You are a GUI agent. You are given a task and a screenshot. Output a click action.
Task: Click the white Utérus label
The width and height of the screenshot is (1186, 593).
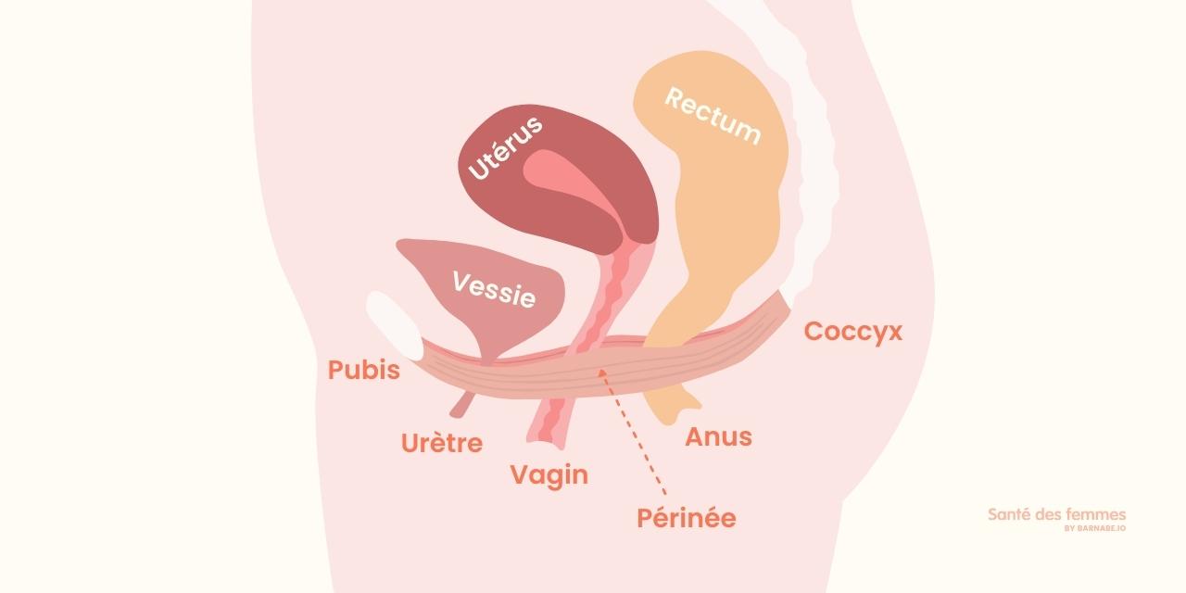tap(506, 147)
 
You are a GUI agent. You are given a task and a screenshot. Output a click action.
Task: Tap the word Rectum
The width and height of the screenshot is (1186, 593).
tap(713, 117)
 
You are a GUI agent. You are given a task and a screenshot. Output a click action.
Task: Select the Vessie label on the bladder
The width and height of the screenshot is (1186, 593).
tap(494, 290)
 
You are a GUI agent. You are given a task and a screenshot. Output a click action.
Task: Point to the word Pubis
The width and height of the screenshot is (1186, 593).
tap(364, 370)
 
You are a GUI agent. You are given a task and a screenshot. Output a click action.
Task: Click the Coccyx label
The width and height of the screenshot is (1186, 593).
tap(853, 332)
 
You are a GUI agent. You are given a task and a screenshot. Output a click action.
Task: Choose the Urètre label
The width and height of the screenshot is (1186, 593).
tap(442, 443)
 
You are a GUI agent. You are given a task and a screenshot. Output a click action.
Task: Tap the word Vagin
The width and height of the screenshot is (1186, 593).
tap(549, 476)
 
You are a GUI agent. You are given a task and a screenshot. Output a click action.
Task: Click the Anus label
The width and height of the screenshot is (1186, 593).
tap(718, 436)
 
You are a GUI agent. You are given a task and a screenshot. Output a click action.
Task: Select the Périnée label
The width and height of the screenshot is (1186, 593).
tap(687, 518)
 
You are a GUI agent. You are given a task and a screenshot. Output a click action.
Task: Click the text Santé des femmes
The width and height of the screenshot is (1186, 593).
tap(1057, 514)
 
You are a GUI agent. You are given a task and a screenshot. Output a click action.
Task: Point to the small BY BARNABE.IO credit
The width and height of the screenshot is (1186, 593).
tap(1095, 528)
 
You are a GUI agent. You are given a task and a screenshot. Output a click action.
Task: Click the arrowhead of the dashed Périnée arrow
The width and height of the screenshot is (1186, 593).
tap(602, 373)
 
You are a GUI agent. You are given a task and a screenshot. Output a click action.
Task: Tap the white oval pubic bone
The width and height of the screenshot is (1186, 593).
tap(395, 325)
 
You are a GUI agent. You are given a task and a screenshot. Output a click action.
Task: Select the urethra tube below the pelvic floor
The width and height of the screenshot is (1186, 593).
tap(462, 405)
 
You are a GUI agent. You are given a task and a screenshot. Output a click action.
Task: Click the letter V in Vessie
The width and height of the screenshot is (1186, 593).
tap(461, 281)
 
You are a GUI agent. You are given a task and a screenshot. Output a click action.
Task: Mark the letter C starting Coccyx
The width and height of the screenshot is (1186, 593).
tap(814, 331)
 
